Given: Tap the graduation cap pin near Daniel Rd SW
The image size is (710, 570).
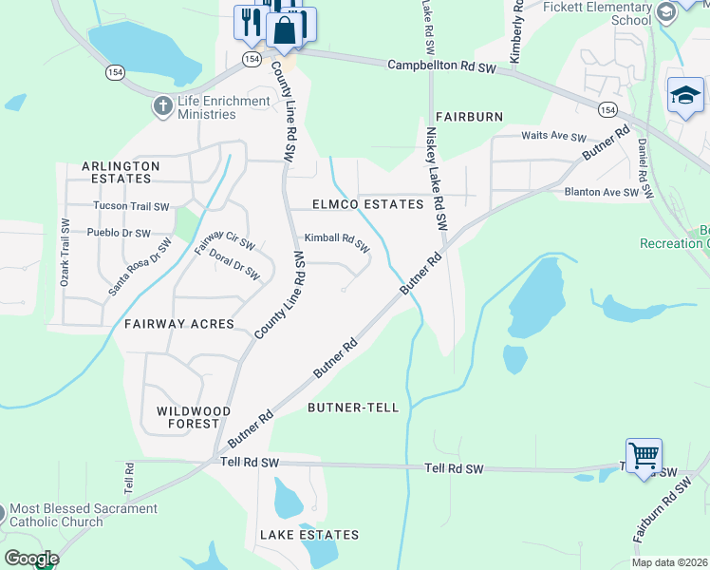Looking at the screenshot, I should (x=685, y=95).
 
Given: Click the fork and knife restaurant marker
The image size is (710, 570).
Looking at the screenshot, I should (x=252, y=23).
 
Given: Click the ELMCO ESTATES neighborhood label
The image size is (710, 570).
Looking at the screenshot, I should (x=368, y=204).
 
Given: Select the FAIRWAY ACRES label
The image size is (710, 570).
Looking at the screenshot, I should (x=179, y=324).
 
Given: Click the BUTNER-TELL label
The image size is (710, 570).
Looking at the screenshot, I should (x=353, y=407).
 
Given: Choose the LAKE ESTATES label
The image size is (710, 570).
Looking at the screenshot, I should (x=309, y=535).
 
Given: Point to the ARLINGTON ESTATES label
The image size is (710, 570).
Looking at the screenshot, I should (x=121, y=172).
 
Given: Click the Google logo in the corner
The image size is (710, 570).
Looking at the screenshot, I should (x=30, y=558).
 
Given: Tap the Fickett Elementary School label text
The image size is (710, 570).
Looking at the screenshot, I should (x=597, y=13).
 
